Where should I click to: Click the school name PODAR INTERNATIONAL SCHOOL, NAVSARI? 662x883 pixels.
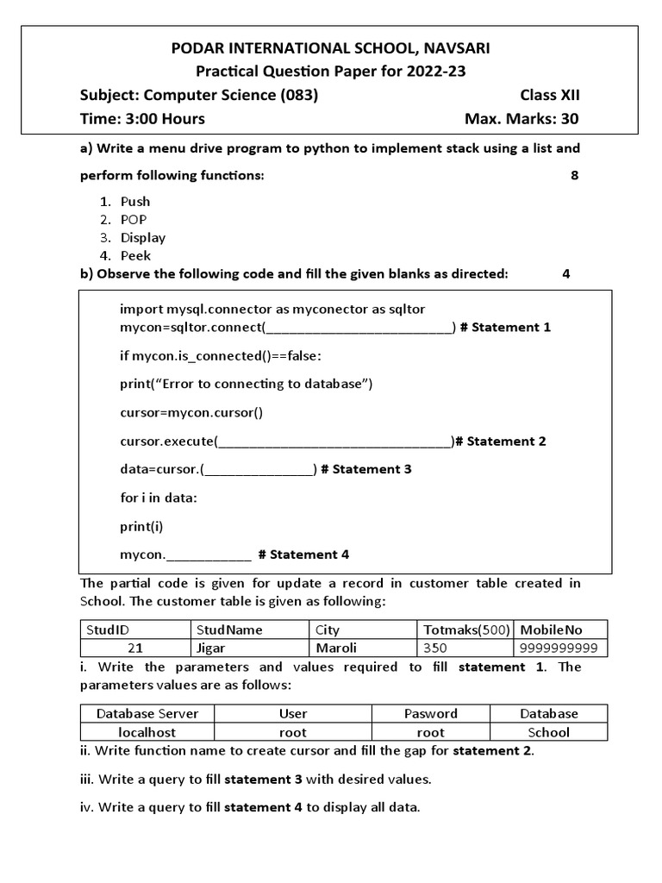coord(331,48)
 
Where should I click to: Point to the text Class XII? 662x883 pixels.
coord(549,95)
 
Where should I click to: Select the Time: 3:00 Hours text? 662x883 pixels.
coord(142,119)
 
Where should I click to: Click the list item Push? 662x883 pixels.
coord(135,201)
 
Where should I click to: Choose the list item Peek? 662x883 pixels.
coord(135,255)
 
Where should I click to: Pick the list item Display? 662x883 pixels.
coord(143,237)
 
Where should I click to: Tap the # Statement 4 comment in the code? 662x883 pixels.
coord(303,554)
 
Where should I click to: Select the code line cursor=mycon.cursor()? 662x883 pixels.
coord(191,412)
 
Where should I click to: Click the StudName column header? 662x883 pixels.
coord(229,630)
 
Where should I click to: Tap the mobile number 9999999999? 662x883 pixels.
coord(558,648)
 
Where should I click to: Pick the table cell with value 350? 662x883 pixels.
coord(436,648)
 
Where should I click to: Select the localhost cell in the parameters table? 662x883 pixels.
coord(147,732)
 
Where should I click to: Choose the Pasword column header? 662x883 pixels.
coord(431,714)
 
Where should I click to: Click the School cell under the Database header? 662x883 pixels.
coord(549,732)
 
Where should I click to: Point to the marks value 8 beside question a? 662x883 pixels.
coord(574,175)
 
